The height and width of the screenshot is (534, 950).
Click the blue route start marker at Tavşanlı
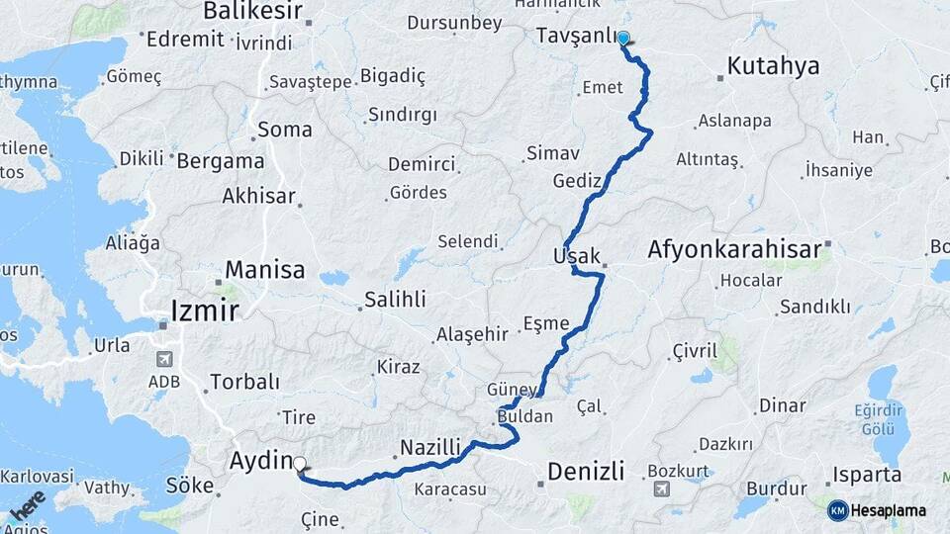click(623, 39)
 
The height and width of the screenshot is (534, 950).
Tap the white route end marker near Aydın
click(299, 462)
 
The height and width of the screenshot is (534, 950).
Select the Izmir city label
click(205, 311)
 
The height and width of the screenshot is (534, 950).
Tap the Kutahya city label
click(773, 66)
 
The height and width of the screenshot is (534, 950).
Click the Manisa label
click(265, 269)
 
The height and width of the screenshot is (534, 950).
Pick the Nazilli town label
click(430, 448)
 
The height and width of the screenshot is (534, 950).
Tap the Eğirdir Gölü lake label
click(891, 415)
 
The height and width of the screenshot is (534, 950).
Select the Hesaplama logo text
click(890, 510)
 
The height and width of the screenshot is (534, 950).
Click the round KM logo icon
click(837, 510)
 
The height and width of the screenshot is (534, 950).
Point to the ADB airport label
click(164, 381)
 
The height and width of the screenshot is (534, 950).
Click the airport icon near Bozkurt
click(661, 488)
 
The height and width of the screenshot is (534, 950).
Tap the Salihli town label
click(395, 299)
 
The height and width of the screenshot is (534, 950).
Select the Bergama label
click(221, 160)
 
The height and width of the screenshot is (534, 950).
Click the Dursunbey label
click(454, 21)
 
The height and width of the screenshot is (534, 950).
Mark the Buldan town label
click(524, 416)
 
